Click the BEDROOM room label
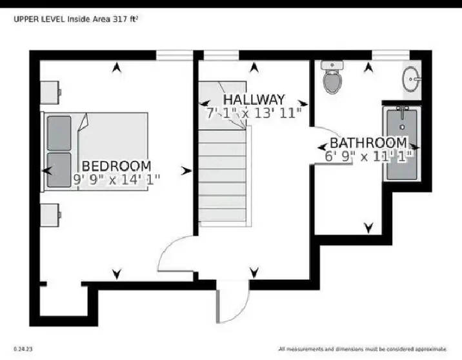tap(116, 166)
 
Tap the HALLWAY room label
tap(254, 99)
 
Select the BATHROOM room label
tap(368, 143)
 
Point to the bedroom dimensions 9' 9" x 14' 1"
tap(116, 179)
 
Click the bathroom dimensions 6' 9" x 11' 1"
tap(368, 156)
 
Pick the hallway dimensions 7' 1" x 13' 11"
tap(254, 113)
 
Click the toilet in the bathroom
tap(332, 77)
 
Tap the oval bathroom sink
tap(411, 79)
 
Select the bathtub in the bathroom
tap(402, 143)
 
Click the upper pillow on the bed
tap(59, 133)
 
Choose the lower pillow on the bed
tap(59, 170)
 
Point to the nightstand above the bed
tap(50, 92)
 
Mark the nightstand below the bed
tap(50, 215)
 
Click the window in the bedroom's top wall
tap(174, 55)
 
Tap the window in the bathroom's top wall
tap(390, 55)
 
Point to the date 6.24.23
tap(23, 349)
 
